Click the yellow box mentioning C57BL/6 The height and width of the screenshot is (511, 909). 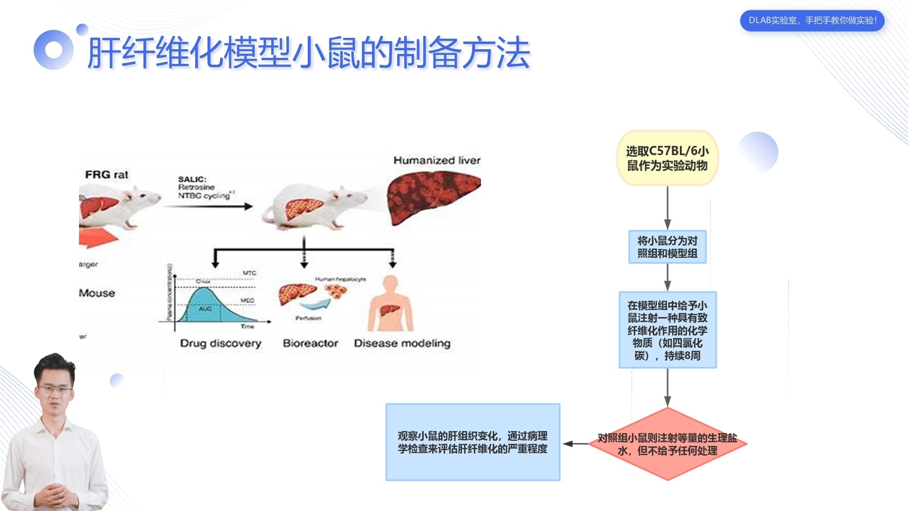pyautogui.click(x=667, y=158)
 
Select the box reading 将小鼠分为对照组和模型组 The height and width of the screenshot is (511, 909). pyautogui.click(x=667, y=247)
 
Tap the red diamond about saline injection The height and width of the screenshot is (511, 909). pyautogui.click(x=667, y=444)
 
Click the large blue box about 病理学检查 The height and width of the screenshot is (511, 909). pyautogui.click(x=472, y=442)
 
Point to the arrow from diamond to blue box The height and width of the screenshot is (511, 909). pyautogui.click(x=575, y=444)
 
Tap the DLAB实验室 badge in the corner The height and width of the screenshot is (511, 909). pyautogui.click(x=812, y=21)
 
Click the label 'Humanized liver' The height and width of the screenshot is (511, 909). pyautogui.click(x=437, y=160)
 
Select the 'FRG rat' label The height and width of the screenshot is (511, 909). pyautogui.click(x=107, y=175)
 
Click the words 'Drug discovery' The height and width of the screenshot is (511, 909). pyautogui.click(x=221, y=343)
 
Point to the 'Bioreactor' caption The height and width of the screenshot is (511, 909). pyautogui.click(x=310, y=343)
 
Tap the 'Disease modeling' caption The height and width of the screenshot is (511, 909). pyautogui.click(x=402, y=343)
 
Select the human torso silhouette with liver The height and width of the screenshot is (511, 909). pyautogui.click(x=390, y=305)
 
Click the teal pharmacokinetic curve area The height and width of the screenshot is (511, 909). pyautogui.click(x=208, y=308)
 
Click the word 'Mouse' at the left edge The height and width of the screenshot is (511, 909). pyautogui.click(x=97, y=293)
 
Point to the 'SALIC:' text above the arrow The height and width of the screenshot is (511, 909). pyautogui.click(x=192, y=179)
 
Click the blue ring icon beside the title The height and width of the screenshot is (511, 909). pyautogui.click(x=53, y=50)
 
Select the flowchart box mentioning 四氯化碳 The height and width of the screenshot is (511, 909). pyautogui.click(x=667, y=330)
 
